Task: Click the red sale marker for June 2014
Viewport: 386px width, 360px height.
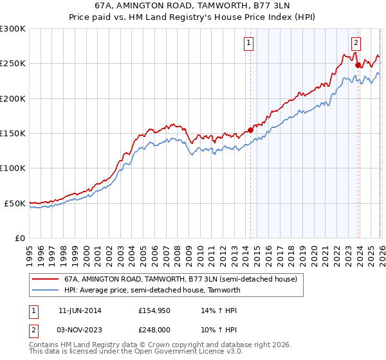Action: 250,130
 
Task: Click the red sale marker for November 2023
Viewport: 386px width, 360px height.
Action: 358,65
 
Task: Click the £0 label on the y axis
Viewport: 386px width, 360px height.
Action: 19,238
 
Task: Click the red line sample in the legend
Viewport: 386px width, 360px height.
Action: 45,280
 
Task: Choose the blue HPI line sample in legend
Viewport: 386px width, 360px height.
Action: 45,290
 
